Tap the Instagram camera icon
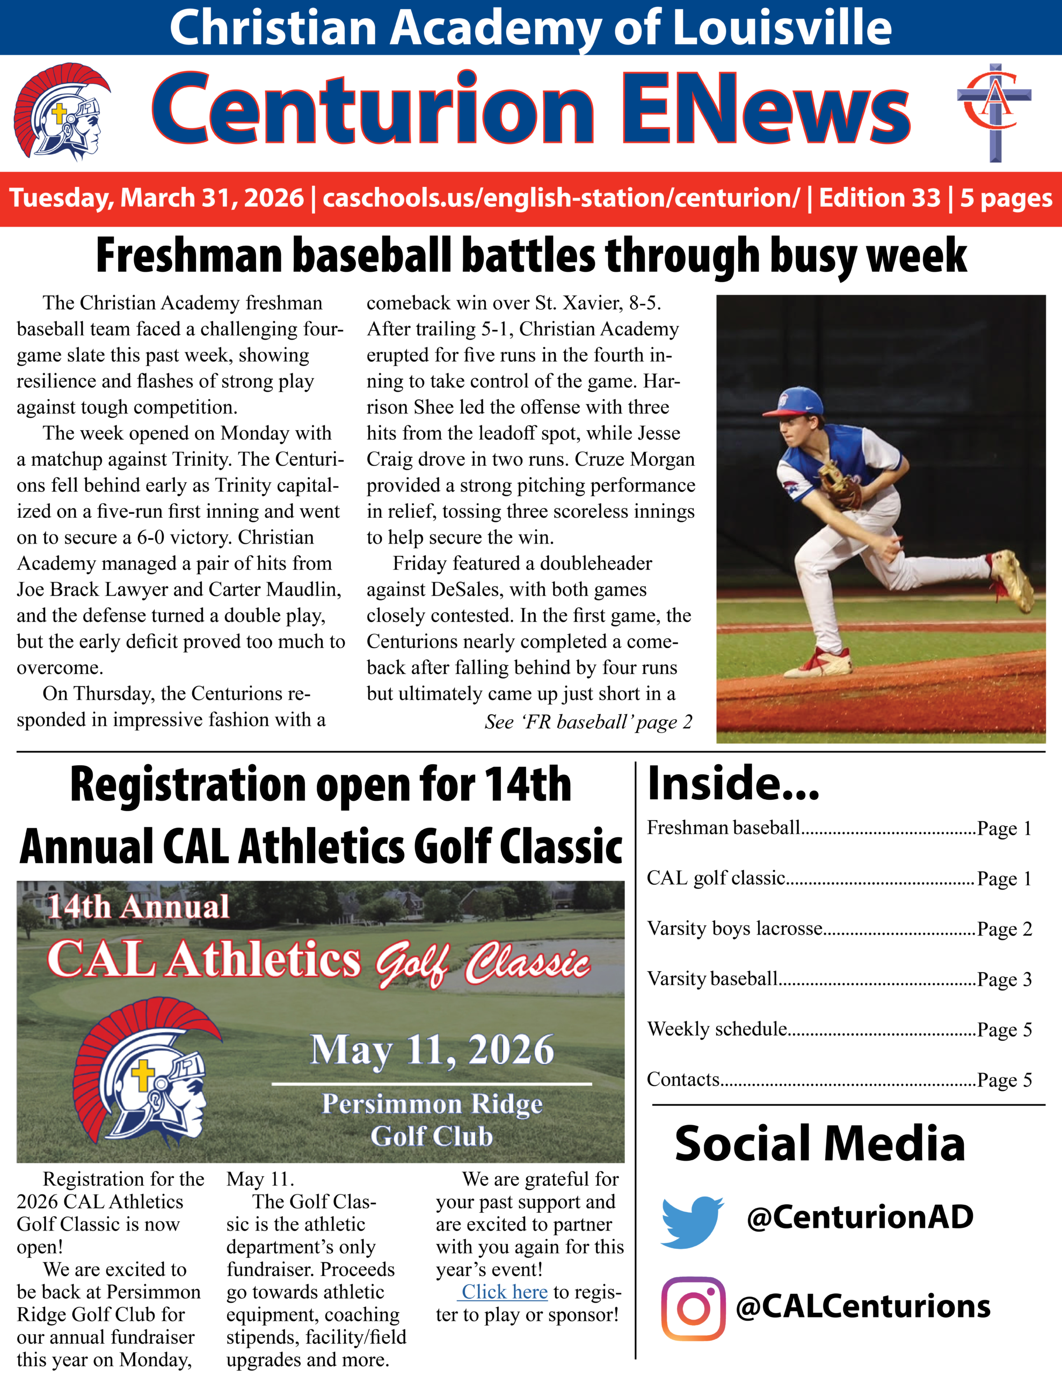(693, 1308)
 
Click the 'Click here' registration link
(504, 1292)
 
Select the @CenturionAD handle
(860, 1217)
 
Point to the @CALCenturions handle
(863, 1306)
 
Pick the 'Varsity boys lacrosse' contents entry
(734, 929)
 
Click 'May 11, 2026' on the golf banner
(432, 1050)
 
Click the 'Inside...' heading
(733, 784)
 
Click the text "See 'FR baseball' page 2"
(588, 722)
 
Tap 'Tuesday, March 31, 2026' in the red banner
(157, 198)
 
